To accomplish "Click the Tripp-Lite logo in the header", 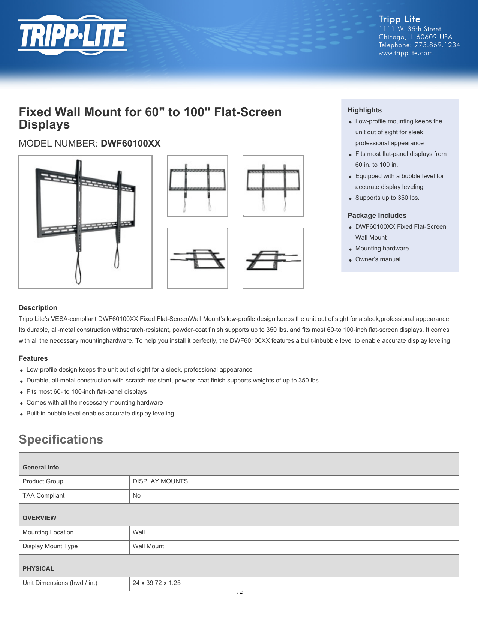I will tap(73, 35).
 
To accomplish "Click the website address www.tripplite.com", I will tap(405, 53).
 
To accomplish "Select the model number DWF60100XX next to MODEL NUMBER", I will tap(130, 144).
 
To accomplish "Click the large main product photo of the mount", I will tap(85, 222).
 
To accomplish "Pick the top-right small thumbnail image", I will tap(273, 186).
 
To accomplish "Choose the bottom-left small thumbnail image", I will tap(197, 258).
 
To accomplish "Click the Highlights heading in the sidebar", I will tap(364, 110).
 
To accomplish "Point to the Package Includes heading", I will tap(377, 216).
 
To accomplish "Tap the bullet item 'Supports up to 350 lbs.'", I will tap(387, 198).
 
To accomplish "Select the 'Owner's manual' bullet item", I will tap(378, 259).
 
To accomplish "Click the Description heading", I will tap(38, 308).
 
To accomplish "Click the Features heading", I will tap(33, 358).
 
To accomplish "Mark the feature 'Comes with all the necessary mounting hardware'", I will tap(94, 403).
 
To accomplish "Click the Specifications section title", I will tap(61, 439).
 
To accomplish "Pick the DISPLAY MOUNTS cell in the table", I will tap(160, 481).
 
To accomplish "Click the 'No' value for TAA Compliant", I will tap(136, 496).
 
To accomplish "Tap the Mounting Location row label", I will tap(48, 532).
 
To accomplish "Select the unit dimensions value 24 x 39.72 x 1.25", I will tap(156, 583).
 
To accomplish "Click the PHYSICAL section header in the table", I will tap(38, 569).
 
